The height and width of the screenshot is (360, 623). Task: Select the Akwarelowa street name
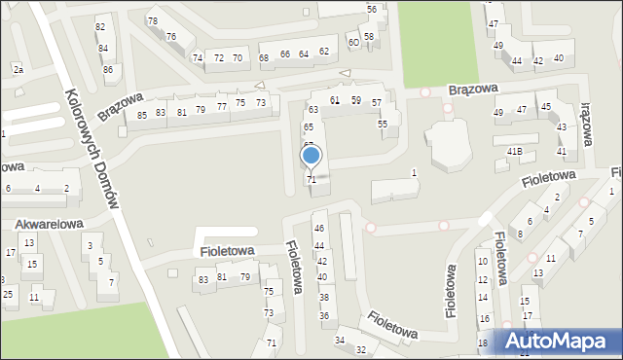[47, 224]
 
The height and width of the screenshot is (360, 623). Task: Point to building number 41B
[515, 151]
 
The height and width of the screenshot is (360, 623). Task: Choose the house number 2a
[18, 69]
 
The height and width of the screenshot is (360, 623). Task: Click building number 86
[108, 69]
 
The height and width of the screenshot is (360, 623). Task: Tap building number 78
[152, 20]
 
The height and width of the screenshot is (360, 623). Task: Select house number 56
[372, 9]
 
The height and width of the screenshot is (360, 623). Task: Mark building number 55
[383, 124]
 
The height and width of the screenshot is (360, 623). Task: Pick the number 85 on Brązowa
[142, 115]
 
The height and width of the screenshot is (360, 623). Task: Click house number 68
[264, 57]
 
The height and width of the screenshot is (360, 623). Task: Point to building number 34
[340, 340]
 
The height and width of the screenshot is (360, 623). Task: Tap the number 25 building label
[8, 294]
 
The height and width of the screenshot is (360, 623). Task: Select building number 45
[546, 107]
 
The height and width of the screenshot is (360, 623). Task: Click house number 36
[324, 316]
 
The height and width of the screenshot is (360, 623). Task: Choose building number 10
[482, 261]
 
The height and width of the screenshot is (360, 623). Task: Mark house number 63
[313, 109]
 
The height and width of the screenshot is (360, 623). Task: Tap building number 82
[100, 26]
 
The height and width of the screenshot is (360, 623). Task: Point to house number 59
[356, 100]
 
